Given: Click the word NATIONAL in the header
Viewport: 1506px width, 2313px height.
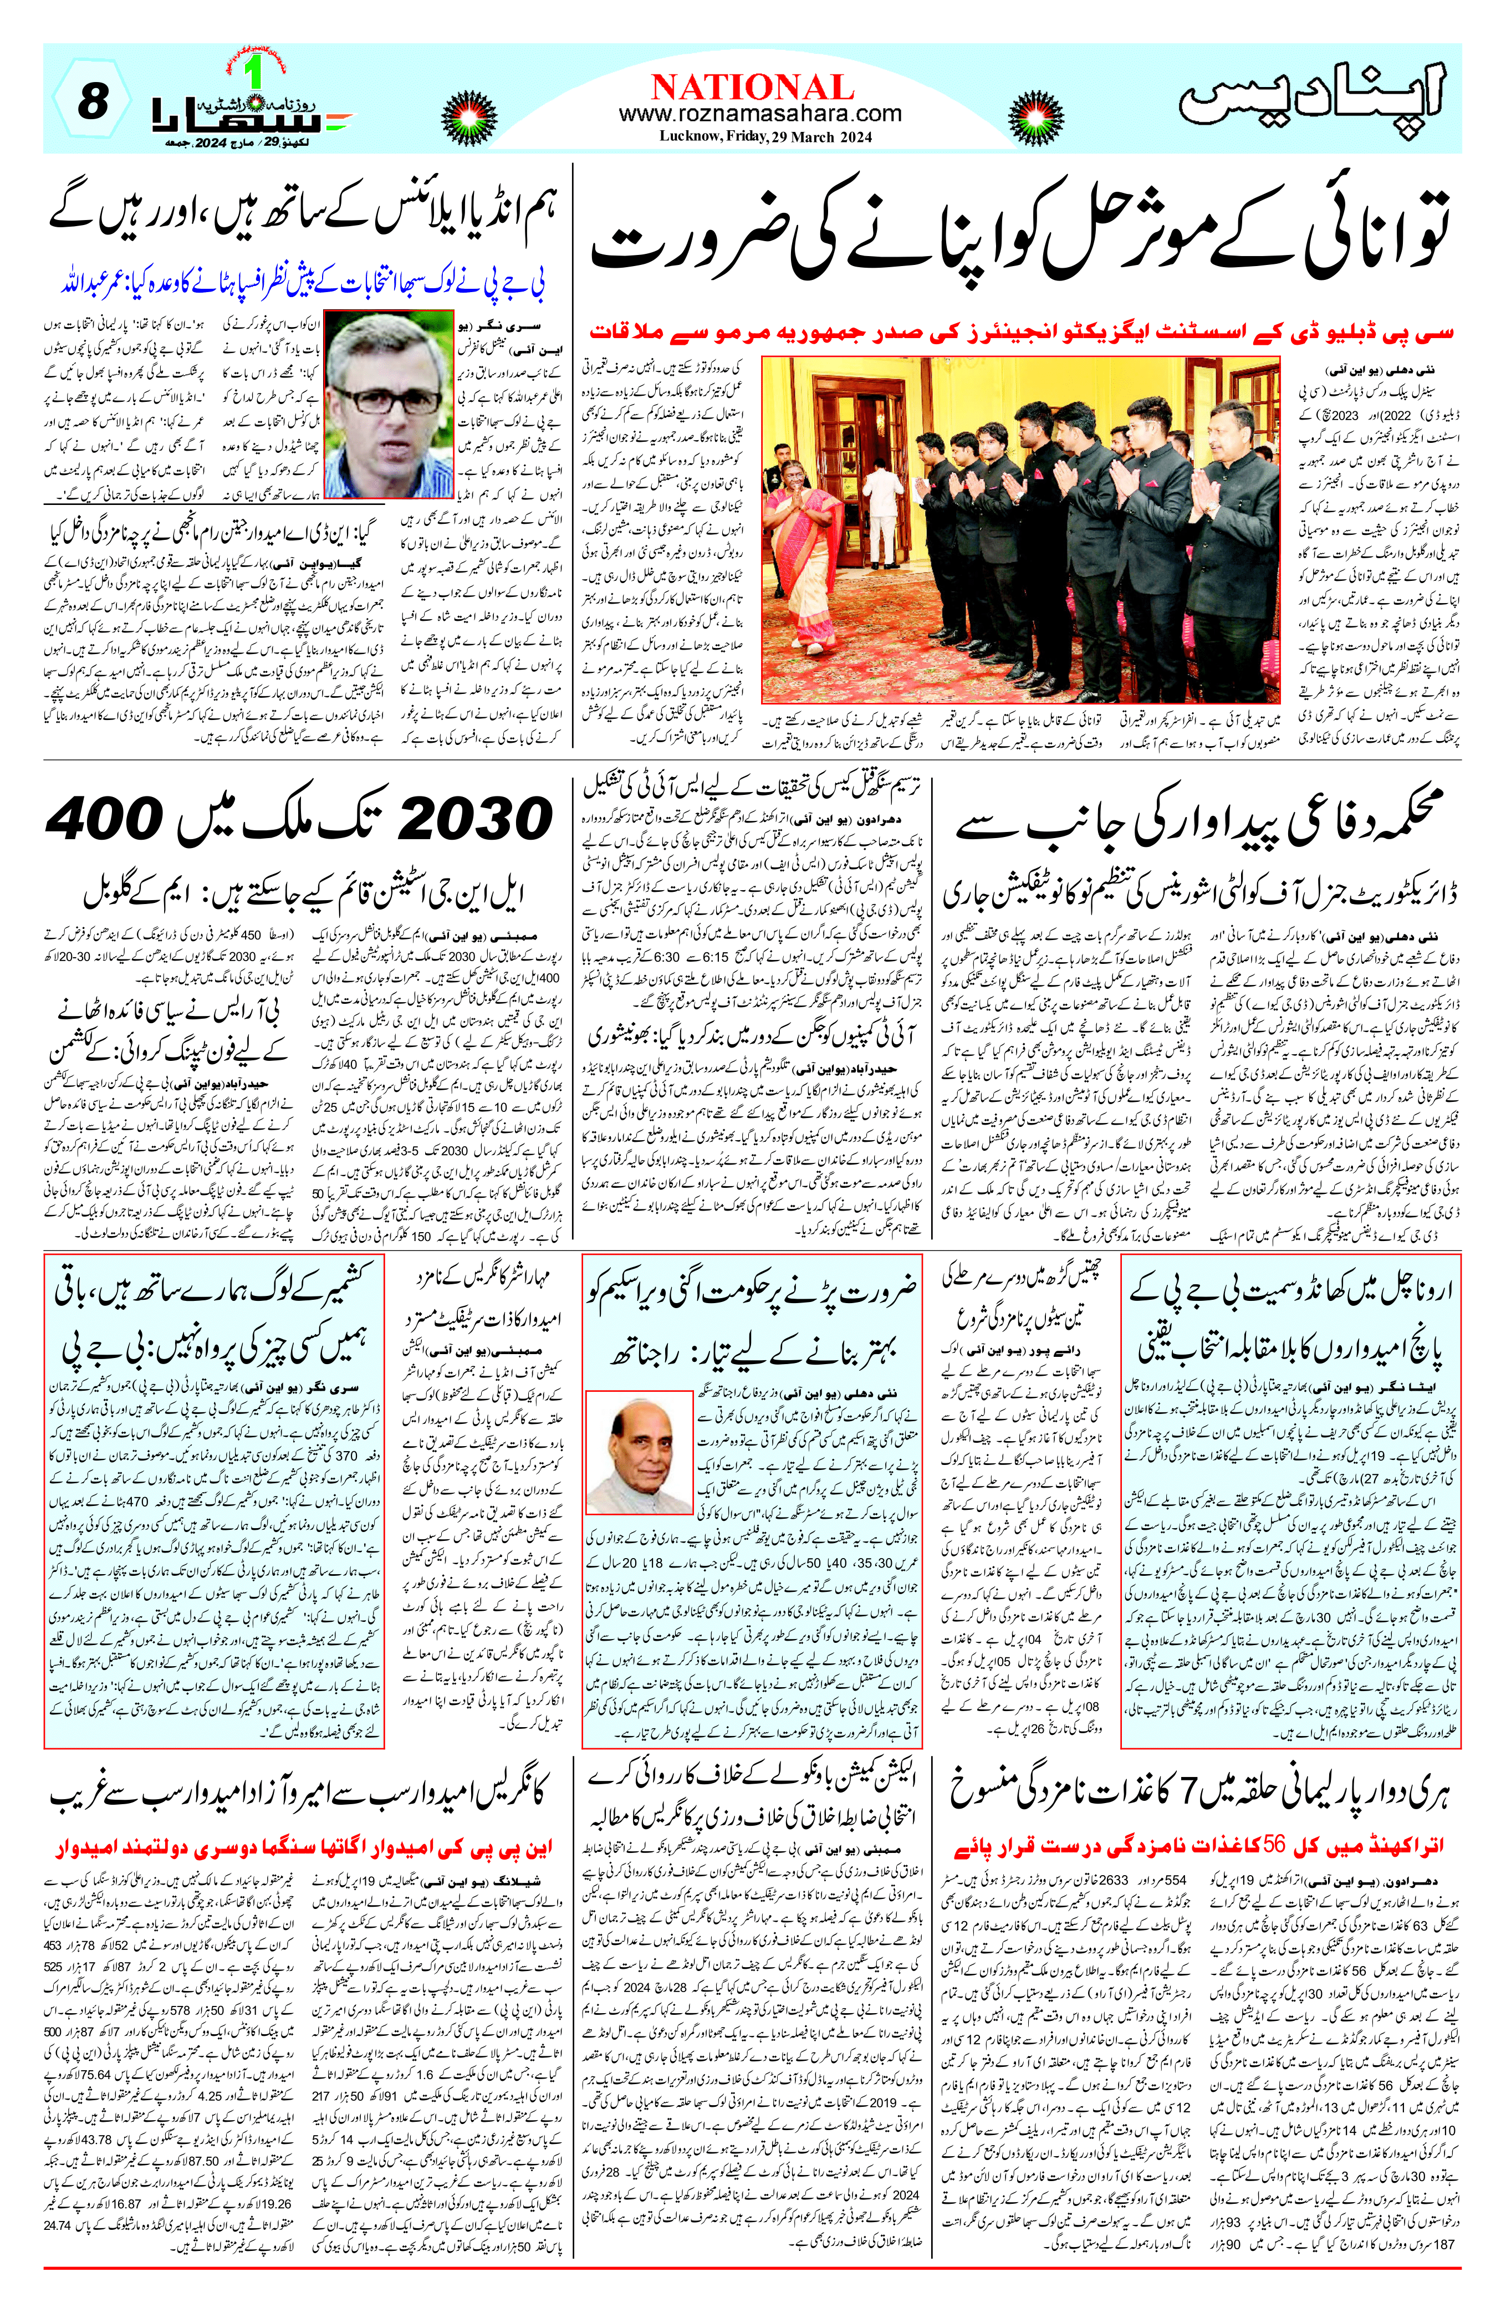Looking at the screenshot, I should (x=752, y=88).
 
